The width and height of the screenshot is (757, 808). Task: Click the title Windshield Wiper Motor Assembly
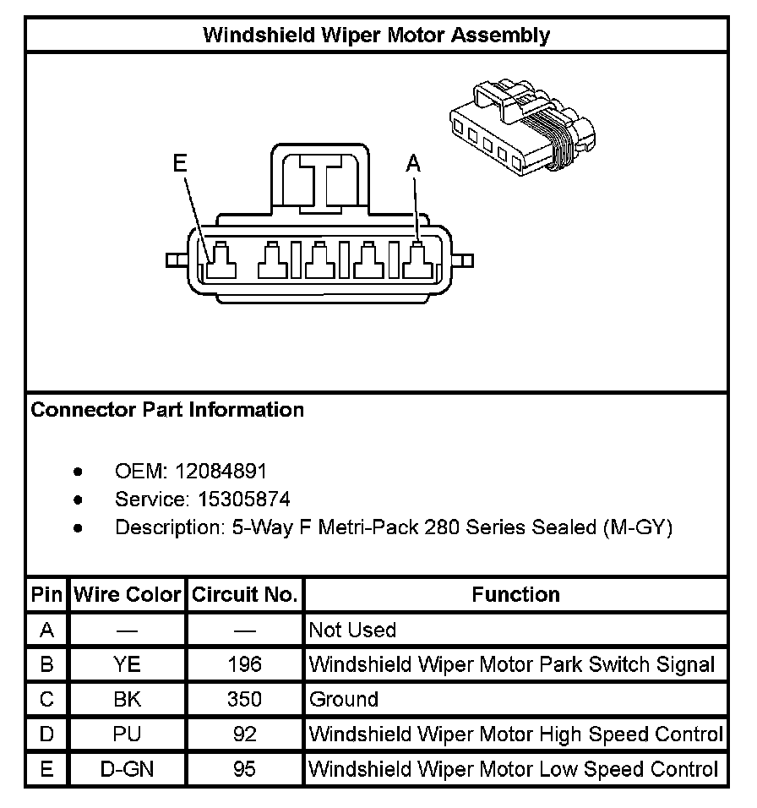tap(377, 35)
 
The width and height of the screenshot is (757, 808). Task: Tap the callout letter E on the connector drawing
tap(179, 163)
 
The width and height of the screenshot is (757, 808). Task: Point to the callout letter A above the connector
tap(413, 163)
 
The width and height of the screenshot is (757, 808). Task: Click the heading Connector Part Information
tap(167, 410)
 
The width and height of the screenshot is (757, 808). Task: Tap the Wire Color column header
tap(128, 594)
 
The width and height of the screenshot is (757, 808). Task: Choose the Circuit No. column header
tap(244, 594)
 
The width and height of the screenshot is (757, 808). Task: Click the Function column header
tap(515, 594)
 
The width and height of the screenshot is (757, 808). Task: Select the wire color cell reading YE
tap(128, 664)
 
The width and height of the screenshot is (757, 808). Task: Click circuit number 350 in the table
tap(244, 699)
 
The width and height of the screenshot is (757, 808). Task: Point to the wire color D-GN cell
tap(128, 769)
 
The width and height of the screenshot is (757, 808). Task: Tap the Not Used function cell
tap(352, 630)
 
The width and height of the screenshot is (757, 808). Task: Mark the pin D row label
tap(46, 734)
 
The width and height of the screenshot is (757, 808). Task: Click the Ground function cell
tap(344, 699)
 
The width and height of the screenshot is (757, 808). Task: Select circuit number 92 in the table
tap(244, 734)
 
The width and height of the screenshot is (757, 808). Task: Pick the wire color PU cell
tap(128, 734)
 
